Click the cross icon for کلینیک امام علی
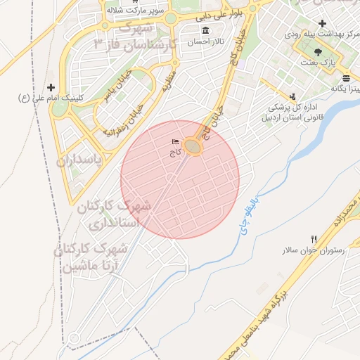[49, 86]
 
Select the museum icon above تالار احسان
[205, 31]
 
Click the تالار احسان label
[200, 42]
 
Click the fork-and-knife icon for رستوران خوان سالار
[314, 239]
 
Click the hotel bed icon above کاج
[175, 141]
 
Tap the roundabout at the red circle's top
[193, 147]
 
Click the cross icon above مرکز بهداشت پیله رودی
[321, 24]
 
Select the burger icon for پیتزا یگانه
[346, 78]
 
